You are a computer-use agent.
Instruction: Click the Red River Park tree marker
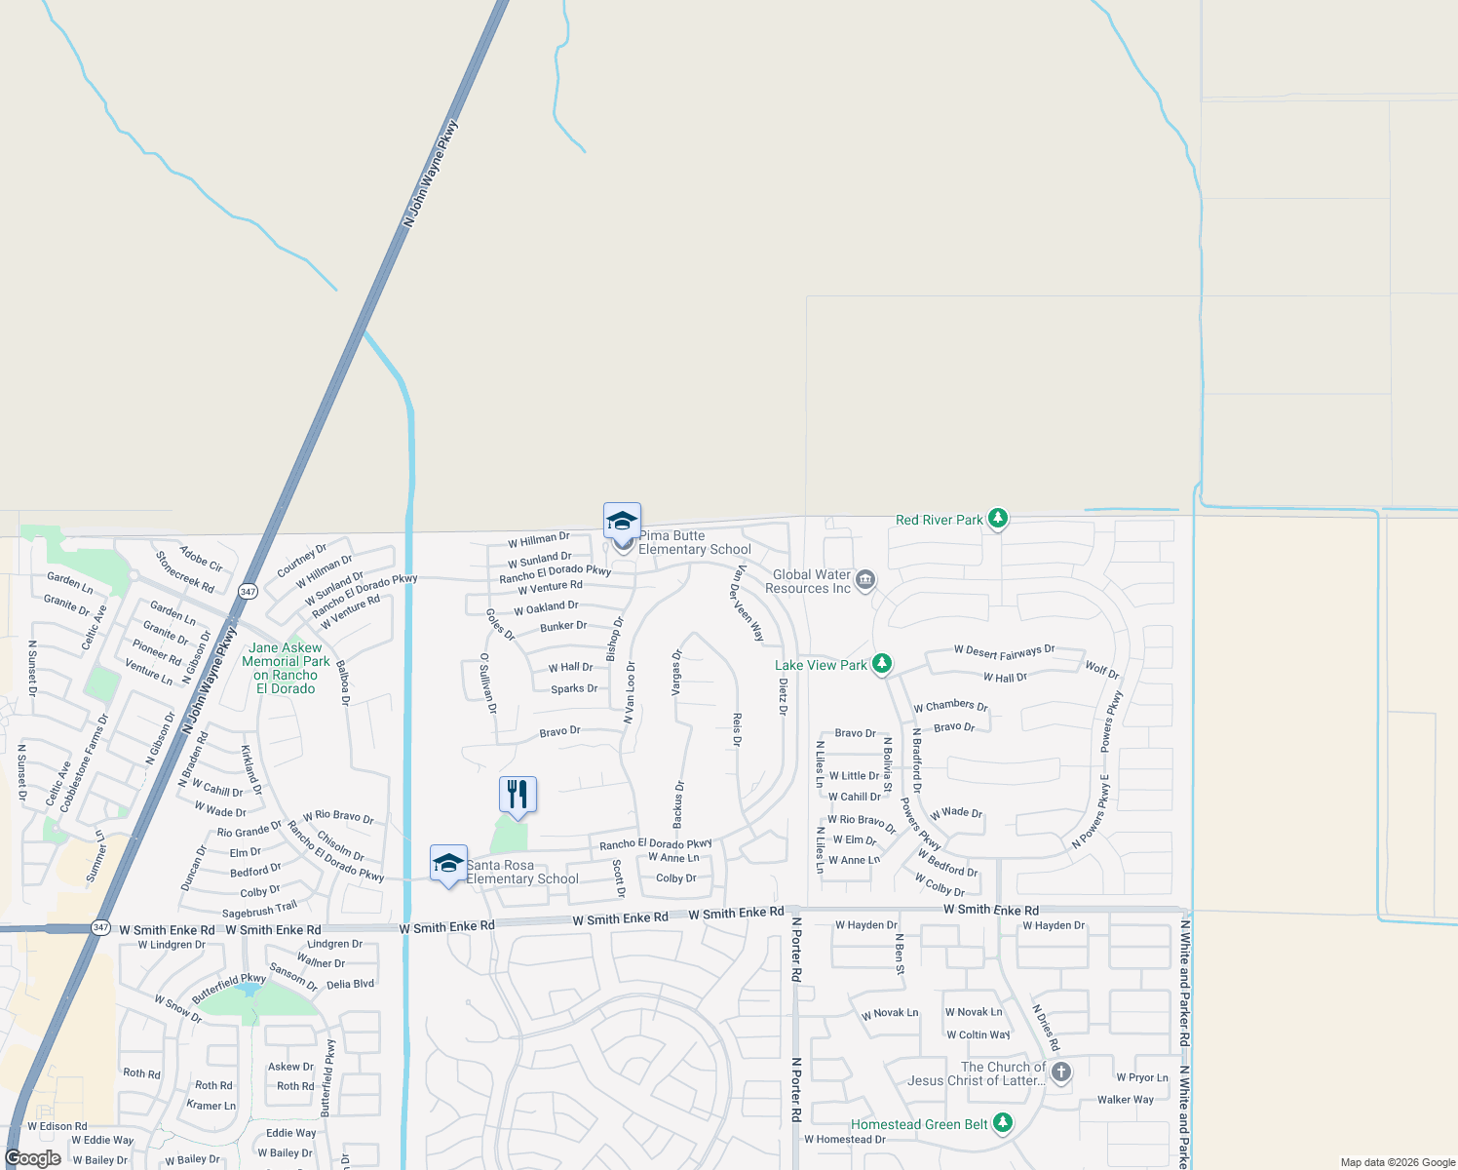pyautogui.click(x=997, y=518)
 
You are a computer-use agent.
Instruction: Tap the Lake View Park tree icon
pyautogui.click(x=882, y=664)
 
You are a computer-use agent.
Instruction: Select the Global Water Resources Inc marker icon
pyautogui.click(x=864, y=581)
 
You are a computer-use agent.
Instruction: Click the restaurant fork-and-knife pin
pyautogui.click(x=518, y=795)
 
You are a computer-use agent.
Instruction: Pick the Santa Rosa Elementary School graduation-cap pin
pyautogui.click(x=448, y=863)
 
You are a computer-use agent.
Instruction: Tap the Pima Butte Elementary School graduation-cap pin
pyautogui.click(x=622, y=521)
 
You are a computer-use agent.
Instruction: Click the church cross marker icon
pyautogui.click(x=1061, y=1072)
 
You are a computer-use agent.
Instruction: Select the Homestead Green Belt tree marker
pyautogui.click(x=1003, y=1123)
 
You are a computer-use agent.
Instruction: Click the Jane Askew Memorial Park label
pyautogui.click(x=286, y=668)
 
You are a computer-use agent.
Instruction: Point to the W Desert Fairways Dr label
pyautogui.click(x=1004, y=650)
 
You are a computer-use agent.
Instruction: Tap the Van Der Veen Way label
pyautogui.click(x=748, y=603)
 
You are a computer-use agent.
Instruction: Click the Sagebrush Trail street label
pyautogui.click(x=259, y=910)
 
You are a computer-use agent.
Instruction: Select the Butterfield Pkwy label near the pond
pyautogui.click(x=229, y=989)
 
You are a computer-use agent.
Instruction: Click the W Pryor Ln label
pyautogui.click(x=1141, y=1077)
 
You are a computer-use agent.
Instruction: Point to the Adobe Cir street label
pyautogui.click(x=202, y=559)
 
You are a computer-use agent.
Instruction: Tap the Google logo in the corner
pyautogui.click(x=33, y=1158)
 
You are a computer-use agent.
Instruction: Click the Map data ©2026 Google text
pyautogui.click(x=1398, y=1162)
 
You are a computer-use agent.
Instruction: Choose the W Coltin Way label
pyautogui.click(x=978, y=1034)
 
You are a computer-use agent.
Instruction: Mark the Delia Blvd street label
pyautogui.click(x=350, y=984)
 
